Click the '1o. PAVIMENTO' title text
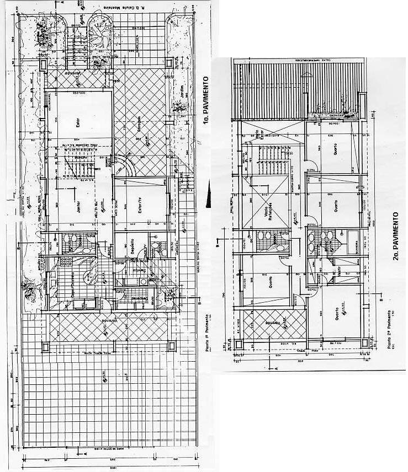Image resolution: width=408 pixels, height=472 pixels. (x=205, y=102)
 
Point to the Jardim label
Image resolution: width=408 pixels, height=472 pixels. (x=182, y=95)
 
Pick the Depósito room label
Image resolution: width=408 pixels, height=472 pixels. (x=133, y=246)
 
